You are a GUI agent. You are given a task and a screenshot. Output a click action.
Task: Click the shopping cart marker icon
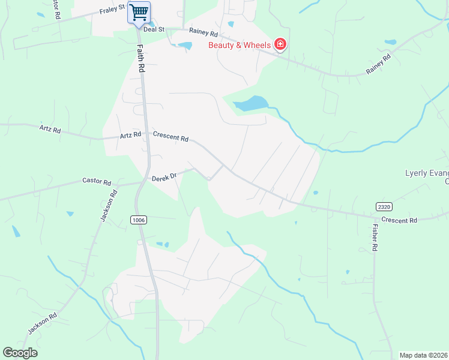pos(139,13)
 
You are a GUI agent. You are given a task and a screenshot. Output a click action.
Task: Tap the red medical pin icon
pos(280,44)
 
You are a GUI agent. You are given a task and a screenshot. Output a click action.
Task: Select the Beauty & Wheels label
pos(239,45)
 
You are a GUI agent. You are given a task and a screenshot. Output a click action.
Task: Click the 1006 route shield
pos(138,220)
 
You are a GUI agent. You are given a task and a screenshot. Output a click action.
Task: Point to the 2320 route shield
pos(384,206)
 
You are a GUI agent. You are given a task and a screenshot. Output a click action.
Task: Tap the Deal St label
pos(154,28)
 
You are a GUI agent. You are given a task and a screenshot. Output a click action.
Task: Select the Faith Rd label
pos(142,59)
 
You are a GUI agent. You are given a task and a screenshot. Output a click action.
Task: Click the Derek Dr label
pos(163,177)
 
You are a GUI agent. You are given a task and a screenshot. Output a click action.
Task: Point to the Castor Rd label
pos(97,181)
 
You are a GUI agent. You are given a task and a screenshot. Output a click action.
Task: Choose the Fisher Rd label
pos(375,237)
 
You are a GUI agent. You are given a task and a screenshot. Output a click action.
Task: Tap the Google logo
pos(20,353)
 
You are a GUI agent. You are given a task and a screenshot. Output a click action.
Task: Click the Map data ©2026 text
pos(424,355)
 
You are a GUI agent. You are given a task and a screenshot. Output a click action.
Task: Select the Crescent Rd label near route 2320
pos(399,221)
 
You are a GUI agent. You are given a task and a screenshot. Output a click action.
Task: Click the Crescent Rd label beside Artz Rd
pos(171,137)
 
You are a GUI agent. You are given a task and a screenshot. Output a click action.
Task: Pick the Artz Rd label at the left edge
pos(50,129)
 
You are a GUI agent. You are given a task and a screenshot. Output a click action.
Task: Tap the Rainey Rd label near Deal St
pos(203,32)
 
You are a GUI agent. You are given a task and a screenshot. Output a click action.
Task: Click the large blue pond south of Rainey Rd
pos(250,104)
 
